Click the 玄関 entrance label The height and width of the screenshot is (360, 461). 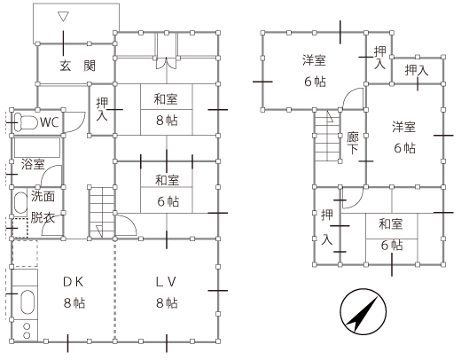coord(78,66)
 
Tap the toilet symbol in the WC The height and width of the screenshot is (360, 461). coord(26,121)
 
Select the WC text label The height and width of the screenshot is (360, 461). coord(50,122)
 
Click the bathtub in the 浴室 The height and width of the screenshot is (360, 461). coord(37,147)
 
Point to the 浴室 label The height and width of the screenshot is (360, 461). coord(33,164)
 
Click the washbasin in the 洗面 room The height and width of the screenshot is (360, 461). coord(20,203)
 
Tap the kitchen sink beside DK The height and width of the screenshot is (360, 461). coord(27,301)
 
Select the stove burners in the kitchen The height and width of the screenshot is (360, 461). coord(27,331)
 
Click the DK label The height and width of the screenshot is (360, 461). coord(74,282)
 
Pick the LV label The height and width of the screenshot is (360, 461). coord(166,282)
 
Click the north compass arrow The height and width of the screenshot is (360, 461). coord(363,313)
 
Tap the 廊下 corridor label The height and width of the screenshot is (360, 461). coord(353,143)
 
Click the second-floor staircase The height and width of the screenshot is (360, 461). coord(327,136)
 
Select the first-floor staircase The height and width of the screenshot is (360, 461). coord(102,213)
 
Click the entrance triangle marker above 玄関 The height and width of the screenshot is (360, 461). coord(64,17)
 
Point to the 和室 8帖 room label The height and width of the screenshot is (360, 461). coord(167,110)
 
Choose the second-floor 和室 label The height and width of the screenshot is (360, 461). coord(391,224)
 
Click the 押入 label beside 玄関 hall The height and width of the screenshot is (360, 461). coord(102,109)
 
